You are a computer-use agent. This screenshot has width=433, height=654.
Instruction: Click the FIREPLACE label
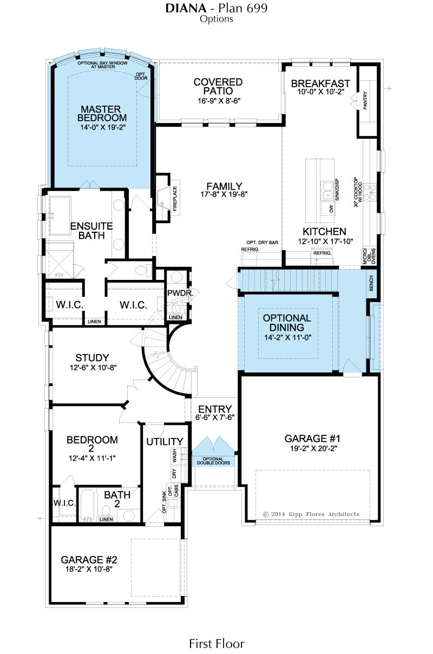click(x=175, y=199)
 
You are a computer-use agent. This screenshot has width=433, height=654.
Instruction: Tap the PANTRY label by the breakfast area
click(x=365, y=101)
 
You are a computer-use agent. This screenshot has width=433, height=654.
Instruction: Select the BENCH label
click(x=371, y=283)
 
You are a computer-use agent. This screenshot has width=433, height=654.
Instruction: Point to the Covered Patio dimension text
click(x=219, y=101)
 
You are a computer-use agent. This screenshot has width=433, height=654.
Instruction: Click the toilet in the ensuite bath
click(x=145, y=270)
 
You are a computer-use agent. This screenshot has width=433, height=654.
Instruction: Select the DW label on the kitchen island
click(x=331, y=209)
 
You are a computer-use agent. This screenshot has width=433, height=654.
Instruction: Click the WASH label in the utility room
click(x=175, y=456)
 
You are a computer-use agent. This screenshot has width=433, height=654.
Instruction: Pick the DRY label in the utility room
click(x=175, y=473)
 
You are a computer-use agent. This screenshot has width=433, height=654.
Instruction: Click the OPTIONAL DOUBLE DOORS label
click(x=213, y=461)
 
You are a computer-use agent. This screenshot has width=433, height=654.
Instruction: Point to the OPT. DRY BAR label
click(x=262, y=243)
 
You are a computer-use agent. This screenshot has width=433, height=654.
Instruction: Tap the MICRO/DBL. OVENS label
click(x=369, y=256)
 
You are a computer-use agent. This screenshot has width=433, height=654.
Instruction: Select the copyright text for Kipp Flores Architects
click(x=311, y=514)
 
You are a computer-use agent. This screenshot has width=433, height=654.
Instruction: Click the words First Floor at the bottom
click(x=216, y=644)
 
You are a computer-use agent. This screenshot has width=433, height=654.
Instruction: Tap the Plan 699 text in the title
click(x=243, y=9)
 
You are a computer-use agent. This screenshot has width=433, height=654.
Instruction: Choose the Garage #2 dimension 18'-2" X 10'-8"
click(x=89, y=569)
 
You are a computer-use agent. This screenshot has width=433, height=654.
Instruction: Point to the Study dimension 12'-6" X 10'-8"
click(x=93, y=367)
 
